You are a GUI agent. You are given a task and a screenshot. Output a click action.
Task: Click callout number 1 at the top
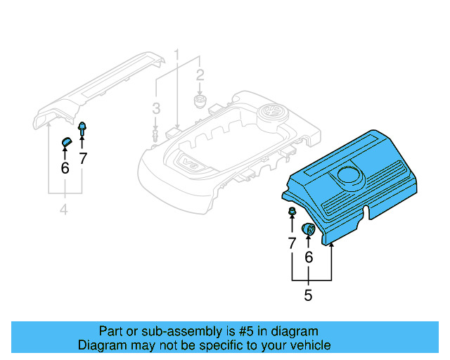(x=177, y=54)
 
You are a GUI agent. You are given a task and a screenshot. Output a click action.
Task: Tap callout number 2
(x=200, y=75)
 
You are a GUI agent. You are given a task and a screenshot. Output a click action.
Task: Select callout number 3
(x=156, y=108)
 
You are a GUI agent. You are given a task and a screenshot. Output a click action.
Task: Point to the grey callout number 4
(x=65, y=210)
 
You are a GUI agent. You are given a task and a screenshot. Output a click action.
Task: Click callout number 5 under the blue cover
(x=308, y=295)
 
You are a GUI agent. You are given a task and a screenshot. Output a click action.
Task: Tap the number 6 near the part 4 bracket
(x=65, y=168)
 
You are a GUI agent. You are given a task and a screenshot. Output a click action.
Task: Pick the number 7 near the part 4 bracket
(x=83, y=158)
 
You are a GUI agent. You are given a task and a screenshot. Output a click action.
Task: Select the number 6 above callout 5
(x=308, y=258)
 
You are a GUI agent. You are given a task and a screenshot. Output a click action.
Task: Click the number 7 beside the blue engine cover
(x=292, y=243)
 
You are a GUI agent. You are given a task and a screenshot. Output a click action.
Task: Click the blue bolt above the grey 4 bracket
(x=82, y=129)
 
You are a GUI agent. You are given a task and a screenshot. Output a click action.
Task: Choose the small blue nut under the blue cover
(x=291, y=212)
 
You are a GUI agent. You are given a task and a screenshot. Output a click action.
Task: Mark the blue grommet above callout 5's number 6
(x=308, y=229)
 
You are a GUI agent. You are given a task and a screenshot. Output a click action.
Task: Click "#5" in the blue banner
(x=232, y=331)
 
